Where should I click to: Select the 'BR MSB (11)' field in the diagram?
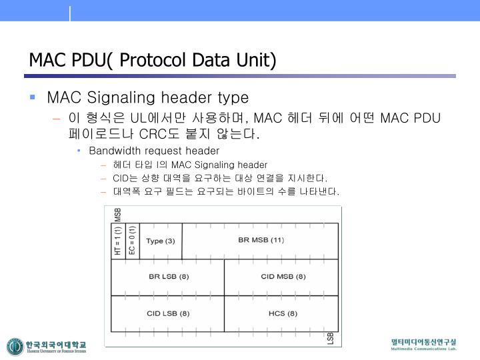(x=261, y=240)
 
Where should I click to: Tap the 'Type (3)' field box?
(x=160, y=240)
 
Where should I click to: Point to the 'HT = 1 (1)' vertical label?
(x=118, y=240)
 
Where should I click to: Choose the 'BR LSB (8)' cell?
(x=168, y=277)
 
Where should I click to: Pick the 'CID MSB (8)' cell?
(x=281, y=277)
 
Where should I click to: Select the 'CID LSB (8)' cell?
(x=168, y=313)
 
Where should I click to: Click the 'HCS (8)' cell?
(x=281, y=313)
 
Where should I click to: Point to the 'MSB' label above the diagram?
(x=118, y=215)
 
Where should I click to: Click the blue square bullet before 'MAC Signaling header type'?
(x=32, y=97)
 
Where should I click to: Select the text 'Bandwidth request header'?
(x=154, y=151)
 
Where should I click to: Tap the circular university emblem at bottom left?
(x=15, y=347)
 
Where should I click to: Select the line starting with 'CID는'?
(x=221, y=178)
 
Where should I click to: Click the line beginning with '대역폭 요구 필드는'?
(x=226, y=192)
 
